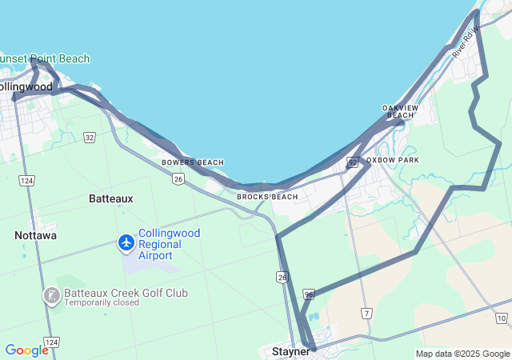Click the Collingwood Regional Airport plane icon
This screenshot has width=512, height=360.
[x=126, y=242]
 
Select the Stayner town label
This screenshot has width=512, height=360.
[x=290, y=351]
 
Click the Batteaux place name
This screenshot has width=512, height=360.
[x=111, y=198]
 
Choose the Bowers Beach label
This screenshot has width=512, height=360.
[x=193, y=162]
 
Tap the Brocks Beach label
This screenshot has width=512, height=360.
[x=267, y=197]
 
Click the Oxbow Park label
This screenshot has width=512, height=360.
[x=393, y=160]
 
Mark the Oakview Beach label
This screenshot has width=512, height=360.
[x=401, y=111]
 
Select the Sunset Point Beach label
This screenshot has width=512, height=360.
[x=45, y=58]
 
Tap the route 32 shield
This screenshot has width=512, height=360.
[x=90, y=138]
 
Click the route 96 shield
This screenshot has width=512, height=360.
[x=309, y=295]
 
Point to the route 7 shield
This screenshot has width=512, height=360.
[x=366, y=313]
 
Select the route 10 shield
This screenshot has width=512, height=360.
[x=502, y=318]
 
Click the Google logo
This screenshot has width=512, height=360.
[x=26, y=350]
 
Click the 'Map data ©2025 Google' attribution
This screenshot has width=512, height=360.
[x=462, y=354]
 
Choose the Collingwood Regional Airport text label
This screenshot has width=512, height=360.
[x=169, y=244]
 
